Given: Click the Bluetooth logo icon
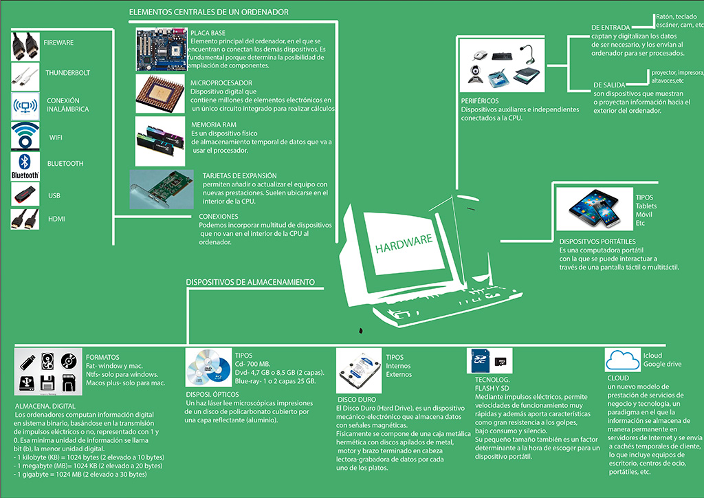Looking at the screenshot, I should point(25,166).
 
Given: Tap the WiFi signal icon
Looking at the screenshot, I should point(25,136).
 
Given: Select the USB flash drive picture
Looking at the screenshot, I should point(25,195).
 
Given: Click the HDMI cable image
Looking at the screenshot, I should point(25,219).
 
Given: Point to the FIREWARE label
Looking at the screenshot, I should point(58,43).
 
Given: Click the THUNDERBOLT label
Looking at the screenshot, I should point(68,73).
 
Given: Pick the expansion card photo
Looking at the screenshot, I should point(160,191).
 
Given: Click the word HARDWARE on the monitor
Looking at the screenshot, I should point(404,243).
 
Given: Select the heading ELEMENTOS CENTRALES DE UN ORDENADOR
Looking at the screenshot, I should point(209,12).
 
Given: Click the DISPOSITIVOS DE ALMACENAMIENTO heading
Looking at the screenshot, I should point(250,282).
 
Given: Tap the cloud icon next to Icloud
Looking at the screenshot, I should point(621,360).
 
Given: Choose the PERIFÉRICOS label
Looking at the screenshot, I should point(480,100).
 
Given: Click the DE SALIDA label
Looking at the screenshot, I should point(608,85).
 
